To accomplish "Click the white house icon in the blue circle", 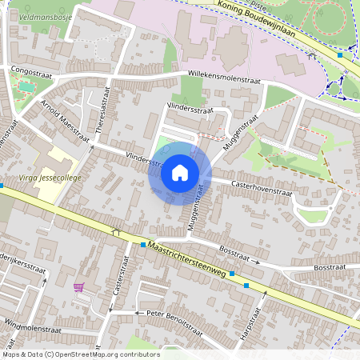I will (x=180, y=172).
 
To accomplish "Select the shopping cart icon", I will (x=78, y=287).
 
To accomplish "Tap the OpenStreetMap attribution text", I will (x=80, y=354).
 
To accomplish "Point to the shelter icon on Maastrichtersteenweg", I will (x=116, y=232).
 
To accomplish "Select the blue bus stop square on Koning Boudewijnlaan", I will (x=341, y=55).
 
